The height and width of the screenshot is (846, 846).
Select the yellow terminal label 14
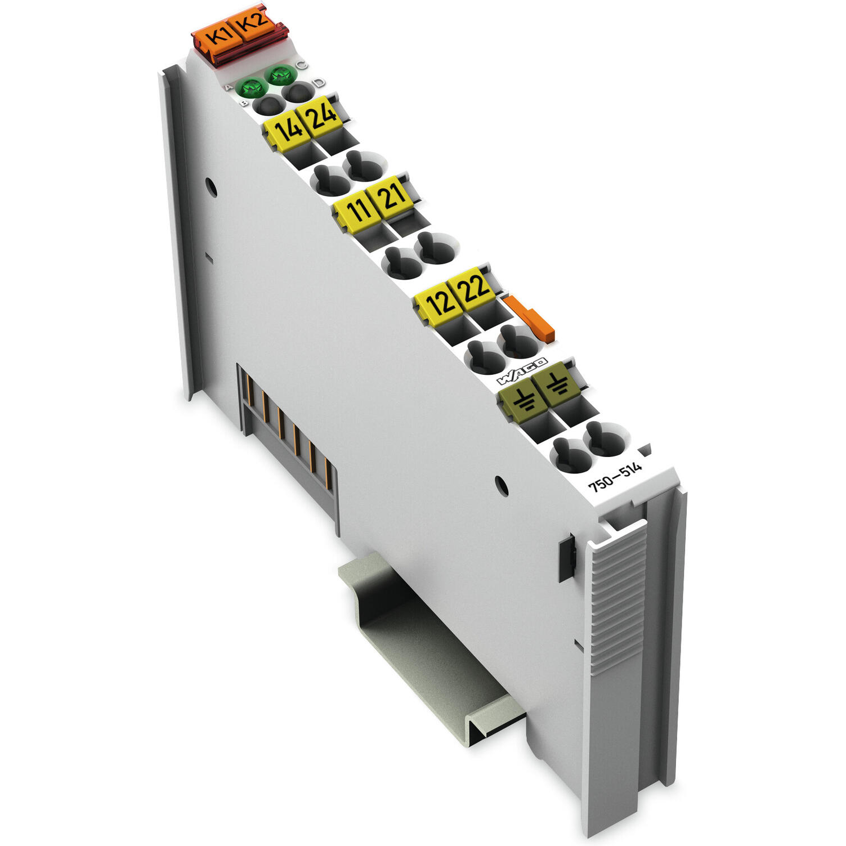[x=288, y=131]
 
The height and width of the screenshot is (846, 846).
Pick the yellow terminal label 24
[x=321, y=115]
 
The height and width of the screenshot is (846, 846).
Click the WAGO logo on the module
[x=521, y=371]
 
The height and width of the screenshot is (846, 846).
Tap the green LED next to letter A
[x=252, y=88]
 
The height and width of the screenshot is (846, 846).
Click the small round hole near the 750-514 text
[x=500, y=486]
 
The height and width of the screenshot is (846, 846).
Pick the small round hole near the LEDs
[x=211, y=187]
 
